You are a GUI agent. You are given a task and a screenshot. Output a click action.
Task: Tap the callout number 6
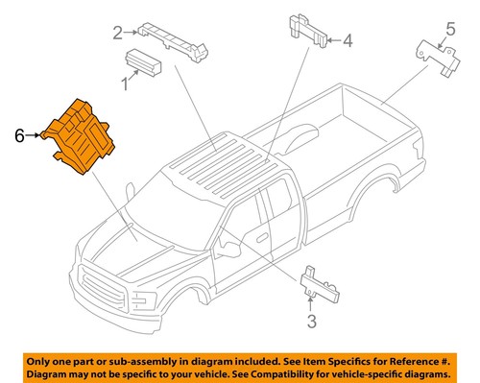pos(17,136)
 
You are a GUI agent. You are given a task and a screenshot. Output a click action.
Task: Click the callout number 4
pos(348,40)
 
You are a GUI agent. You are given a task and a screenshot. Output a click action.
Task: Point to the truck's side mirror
pos(229,251)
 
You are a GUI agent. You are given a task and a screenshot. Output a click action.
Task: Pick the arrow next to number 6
pos(35,136)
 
